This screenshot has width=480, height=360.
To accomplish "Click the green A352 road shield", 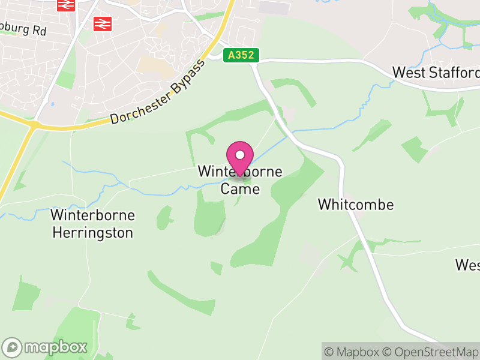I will pyautogui.click(x=241, y=55).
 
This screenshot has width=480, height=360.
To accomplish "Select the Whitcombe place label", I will pyautogui.click(x=356, y=205).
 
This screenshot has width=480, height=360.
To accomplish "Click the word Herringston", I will pyautogui.click(x=92, y=233).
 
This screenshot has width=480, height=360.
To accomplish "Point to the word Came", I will pyautogui.click(x=241, y=188).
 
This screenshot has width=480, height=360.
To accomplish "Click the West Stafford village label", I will pyautogui.click(x=436, y=73).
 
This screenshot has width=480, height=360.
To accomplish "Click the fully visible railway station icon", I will pyautogui.click(x=103, y=23).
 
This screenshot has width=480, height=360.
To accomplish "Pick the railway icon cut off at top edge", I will pyautogui.click(x=66, y=5).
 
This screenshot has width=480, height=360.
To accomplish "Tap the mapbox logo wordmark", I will pyautogui.click(x=55, y=347).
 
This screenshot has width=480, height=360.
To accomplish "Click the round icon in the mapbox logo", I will pyautogui.click(x=13, y=347).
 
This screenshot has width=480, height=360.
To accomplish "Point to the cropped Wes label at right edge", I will pyautogui.click(x=467, y=265).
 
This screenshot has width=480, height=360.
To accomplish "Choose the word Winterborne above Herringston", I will pyautogui.click(x=93, y=215).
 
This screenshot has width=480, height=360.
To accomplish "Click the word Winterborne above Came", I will pyautogui.click(x=240, y=172).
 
